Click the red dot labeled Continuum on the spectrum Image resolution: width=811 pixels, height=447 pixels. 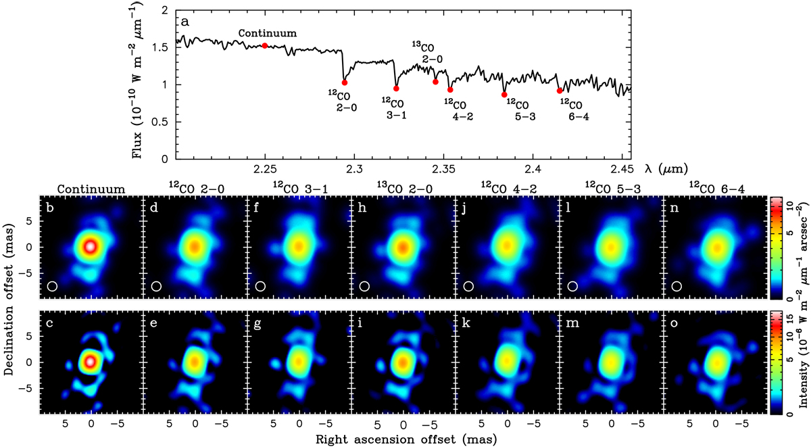[265, 45]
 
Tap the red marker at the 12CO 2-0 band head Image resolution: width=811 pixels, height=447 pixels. [345, 83]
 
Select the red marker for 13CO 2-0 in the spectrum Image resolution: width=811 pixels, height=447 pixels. [435, 82]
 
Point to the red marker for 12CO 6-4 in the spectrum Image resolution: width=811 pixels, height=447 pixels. [560, 91]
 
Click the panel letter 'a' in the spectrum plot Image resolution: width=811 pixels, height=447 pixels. [184, 21]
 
